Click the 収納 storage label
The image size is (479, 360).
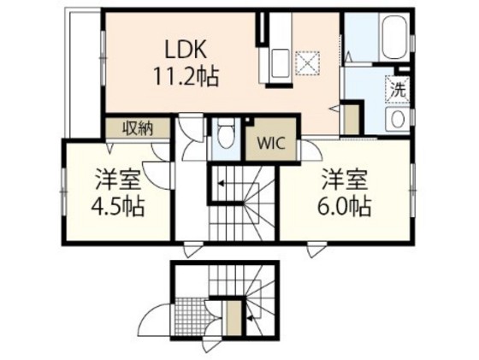click(x=137, y=128)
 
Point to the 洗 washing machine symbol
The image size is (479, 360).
click(x=399, y=87)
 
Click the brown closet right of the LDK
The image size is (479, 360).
click(x=350, y=117)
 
